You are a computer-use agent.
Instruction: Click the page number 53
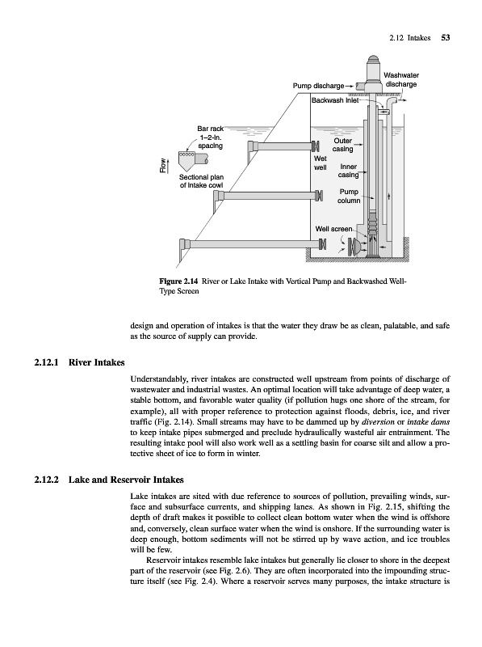tap(446, 38)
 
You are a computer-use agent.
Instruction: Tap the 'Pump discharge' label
tap(318, 86)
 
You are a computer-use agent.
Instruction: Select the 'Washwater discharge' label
tap(400, 79)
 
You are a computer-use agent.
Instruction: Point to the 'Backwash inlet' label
tap(333, 100)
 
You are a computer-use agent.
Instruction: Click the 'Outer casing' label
tap(343, 145)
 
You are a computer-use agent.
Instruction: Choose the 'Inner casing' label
tap(348, 171)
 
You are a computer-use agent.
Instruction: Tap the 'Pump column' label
tap(349, 197)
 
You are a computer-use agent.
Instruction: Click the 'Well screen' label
tap(333, 229)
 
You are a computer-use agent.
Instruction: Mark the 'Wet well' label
tap(320, 163)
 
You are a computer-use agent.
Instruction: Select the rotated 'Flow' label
tap(164, 166)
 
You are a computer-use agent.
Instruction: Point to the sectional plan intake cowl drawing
tap(192, 160)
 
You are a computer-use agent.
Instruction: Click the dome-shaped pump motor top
tap(373, 59)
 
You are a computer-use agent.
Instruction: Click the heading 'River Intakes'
tap(96, 362)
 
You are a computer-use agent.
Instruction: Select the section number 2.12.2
tap(47, 480)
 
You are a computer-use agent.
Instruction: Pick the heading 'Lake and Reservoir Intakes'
tap(126, 480)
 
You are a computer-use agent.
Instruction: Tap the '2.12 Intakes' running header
tap(409, 38)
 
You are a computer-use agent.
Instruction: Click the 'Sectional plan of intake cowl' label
tap(202, 181)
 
